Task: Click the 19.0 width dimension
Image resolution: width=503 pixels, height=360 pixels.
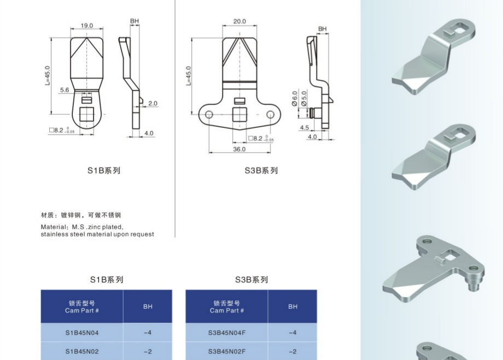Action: (86, 26)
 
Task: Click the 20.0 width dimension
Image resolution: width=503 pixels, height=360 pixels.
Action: (239, 21)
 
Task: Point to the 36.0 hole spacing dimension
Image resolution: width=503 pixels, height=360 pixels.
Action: (239, 149)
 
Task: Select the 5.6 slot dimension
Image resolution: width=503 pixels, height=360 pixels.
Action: (65, 90)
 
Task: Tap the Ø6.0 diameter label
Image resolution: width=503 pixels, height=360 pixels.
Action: (295, 98)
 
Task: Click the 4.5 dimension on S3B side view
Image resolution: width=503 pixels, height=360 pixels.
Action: (304, 128)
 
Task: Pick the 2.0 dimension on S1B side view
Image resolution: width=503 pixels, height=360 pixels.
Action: (153, 103)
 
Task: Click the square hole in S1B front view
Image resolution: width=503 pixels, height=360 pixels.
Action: (86, 114)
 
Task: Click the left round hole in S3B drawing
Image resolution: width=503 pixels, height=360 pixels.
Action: (208, 114)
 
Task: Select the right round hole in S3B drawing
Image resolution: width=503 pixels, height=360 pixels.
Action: (270, 114)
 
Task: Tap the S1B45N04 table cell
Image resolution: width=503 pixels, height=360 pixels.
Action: (82, 333)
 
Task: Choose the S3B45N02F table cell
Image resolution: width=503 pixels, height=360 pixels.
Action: (227, 351)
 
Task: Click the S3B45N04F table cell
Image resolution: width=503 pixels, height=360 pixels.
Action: (227, 333)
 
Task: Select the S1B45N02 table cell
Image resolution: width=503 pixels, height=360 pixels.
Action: (82, 351)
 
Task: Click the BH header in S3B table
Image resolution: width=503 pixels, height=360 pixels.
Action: (293, 306)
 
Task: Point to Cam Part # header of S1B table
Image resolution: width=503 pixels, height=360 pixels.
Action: (82, 310)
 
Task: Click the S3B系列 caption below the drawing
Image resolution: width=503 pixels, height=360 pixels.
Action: (261, 170)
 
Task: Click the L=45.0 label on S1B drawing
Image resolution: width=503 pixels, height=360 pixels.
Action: (48, 75)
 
